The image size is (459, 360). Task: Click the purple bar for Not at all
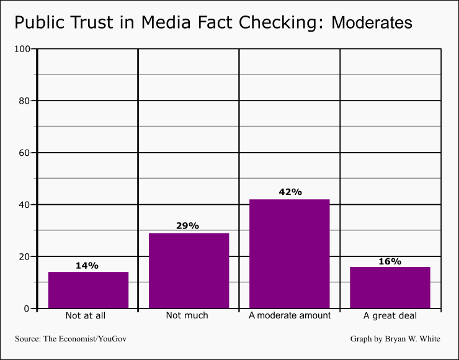(89, 290)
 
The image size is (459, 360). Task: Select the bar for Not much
(189, 271)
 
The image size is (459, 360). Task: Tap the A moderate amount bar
(290, 254)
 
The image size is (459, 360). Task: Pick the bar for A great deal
(390, 287)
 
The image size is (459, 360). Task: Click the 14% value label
(87, 266)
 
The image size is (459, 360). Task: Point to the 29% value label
(187, 225)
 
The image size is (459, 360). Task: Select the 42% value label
(290, 192)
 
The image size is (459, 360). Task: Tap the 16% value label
(390, 261)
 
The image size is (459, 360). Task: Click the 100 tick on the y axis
(22, 49)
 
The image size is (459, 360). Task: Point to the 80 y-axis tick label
(24, 101)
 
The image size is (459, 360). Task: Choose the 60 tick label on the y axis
(24, 153)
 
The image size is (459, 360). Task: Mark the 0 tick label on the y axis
(27, 308)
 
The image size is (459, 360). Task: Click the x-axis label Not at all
(86, 315)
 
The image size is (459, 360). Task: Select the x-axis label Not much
(187, 315)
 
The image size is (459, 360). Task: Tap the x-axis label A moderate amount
(290, 315)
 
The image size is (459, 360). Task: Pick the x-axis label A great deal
(390, 316)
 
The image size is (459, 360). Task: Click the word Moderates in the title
(372, 22)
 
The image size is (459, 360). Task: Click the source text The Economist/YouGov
(85, 339)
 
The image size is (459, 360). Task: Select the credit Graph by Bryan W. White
(395, 339)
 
